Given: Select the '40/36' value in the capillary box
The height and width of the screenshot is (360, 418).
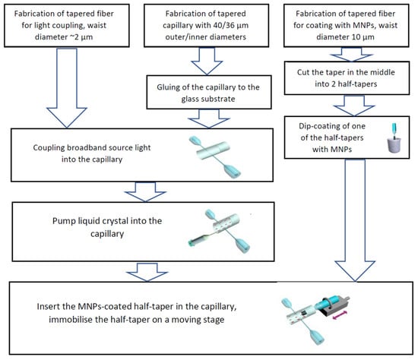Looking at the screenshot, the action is click(x=215, y=25).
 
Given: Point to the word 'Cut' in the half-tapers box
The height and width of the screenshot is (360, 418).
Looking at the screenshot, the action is click(x=303, y=72).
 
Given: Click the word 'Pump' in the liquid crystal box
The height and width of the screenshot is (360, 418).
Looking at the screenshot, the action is click(x=62, y=221).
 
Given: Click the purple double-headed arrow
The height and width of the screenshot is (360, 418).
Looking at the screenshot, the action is click(x=340, y=315).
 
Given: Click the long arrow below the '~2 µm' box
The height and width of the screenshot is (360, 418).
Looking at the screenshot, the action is click(x=67, y=88).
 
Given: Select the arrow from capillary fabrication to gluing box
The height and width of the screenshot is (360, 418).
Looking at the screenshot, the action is click(x=207, y=61).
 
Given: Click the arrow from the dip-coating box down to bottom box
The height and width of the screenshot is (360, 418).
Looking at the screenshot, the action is click(x=355, y=220).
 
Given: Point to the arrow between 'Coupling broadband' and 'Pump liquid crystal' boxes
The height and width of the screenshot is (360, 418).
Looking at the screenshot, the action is click(x=145, y=192).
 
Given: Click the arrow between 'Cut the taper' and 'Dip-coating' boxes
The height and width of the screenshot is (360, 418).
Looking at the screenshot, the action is click(x=354, y=106).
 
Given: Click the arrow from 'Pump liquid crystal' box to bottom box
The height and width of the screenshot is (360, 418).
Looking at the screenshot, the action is click(x=147, y=272).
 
